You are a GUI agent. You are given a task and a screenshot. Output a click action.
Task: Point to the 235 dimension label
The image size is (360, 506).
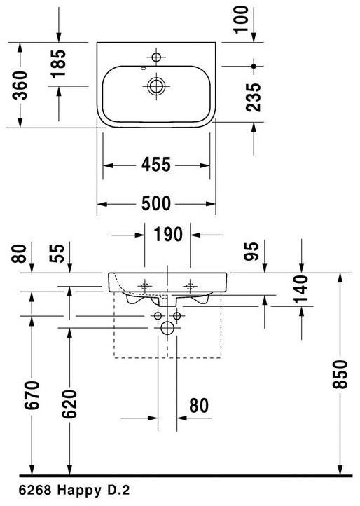pyautogui.click(x=254, y=97)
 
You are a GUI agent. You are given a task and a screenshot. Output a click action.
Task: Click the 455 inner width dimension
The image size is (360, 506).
pyautogui.click(x=156, y=165)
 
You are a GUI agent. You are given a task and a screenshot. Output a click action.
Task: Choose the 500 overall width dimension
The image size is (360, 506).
pyautogui.click(x=156, y=204)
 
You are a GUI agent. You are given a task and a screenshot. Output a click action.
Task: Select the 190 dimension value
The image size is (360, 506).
pyautogui.click(x=168, y=234)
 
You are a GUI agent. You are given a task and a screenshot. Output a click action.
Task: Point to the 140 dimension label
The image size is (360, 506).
pyautogui.click(x=300, y=289)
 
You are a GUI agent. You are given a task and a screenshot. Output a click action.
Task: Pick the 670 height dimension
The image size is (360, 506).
pyautogui.click(x=32, y=400)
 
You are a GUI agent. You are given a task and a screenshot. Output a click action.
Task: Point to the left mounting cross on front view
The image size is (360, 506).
pyautogui.click(x=146, y=285)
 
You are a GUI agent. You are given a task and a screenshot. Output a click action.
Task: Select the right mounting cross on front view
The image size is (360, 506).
pyautogui.click(x=189, y=285)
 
